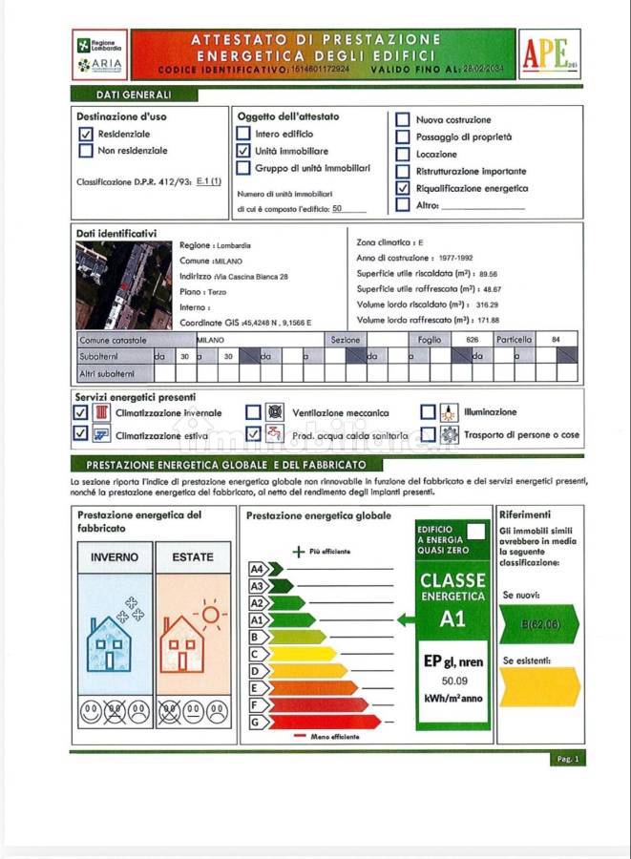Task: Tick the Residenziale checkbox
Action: [x=86, y=135]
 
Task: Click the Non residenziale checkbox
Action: [x=86, y=151]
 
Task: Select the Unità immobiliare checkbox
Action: [x=243, y=151]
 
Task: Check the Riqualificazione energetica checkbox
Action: [x=403, y=188]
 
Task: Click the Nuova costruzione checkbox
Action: [x=403, y=120]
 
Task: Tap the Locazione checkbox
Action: [x=403, y=154]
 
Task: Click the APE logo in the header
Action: [x=548, y=53]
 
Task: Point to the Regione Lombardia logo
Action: [x=98, y=45]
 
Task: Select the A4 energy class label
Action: [x=257, y=569]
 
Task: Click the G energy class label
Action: [x=255, y=722]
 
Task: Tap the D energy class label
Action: [x=255, y=671]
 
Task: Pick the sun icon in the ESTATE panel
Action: [x=208, y=613]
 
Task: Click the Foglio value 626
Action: [x=472, y=340]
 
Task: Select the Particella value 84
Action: [x=556, y=340]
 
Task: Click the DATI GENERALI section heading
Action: [x=134, y=95]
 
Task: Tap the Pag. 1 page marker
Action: [x=567, y=759]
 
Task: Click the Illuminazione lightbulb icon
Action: [x=449, y=413]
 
